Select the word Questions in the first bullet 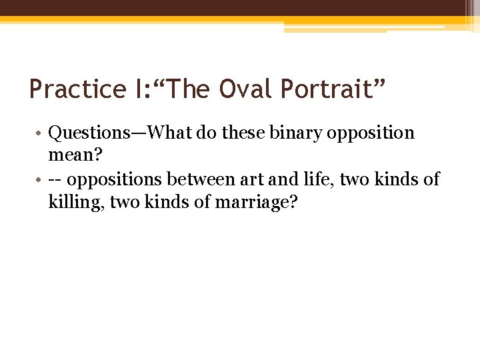(x=89, y=133)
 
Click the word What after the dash (x=172, y=133)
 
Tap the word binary (x=295, y=133)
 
